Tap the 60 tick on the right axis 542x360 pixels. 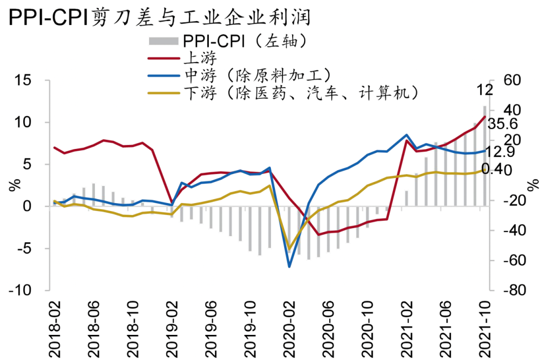pos(507,80)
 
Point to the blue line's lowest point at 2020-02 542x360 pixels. pos(290,266)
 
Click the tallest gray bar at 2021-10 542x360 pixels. pos(485,155)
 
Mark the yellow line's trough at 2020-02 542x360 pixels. pos(290,249)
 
